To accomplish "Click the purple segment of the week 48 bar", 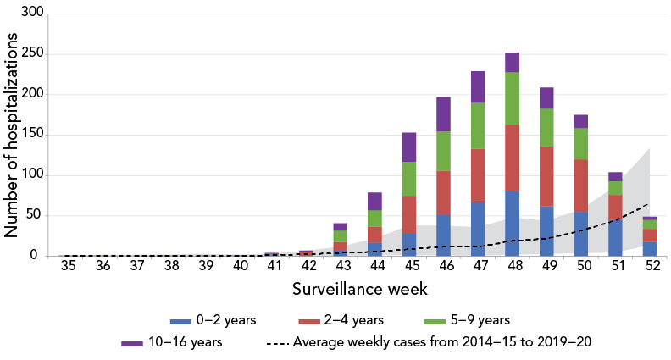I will point(512,62).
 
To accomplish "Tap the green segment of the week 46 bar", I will point(443,151).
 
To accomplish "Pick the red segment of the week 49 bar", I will point(546,176).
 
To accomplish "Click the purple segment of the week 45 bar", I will point(408,147).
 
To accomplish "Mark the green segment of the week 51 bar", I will point(615,188).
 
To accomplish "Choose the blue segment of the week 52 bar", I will point(650,249).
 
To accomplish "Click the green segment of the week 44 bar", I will point(374,218).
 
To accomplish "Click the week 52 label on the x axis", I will point(650,267).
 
